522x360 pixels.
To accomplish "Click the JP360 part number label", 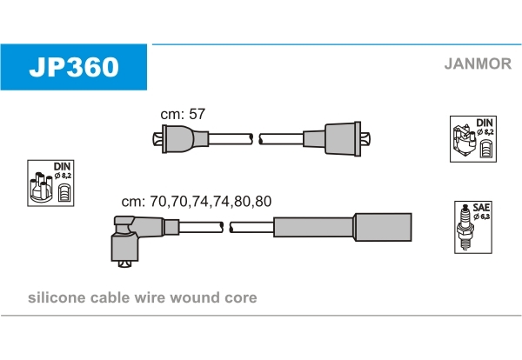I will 74,66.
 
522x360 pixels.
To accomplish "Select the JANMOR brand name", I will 478,63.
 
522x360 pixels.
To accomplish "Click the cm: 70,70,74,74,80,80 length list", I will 196,201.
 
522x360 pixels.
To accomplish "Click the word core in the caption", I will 240,298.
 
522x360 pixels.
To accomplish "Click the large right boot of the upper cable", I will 338,138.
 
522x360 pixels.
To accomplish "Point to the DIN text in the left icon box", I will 62,165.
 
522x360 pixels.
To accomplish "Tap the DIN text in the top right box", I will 485,123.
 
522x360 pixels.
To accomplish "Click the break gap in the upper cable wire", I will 256,138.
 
